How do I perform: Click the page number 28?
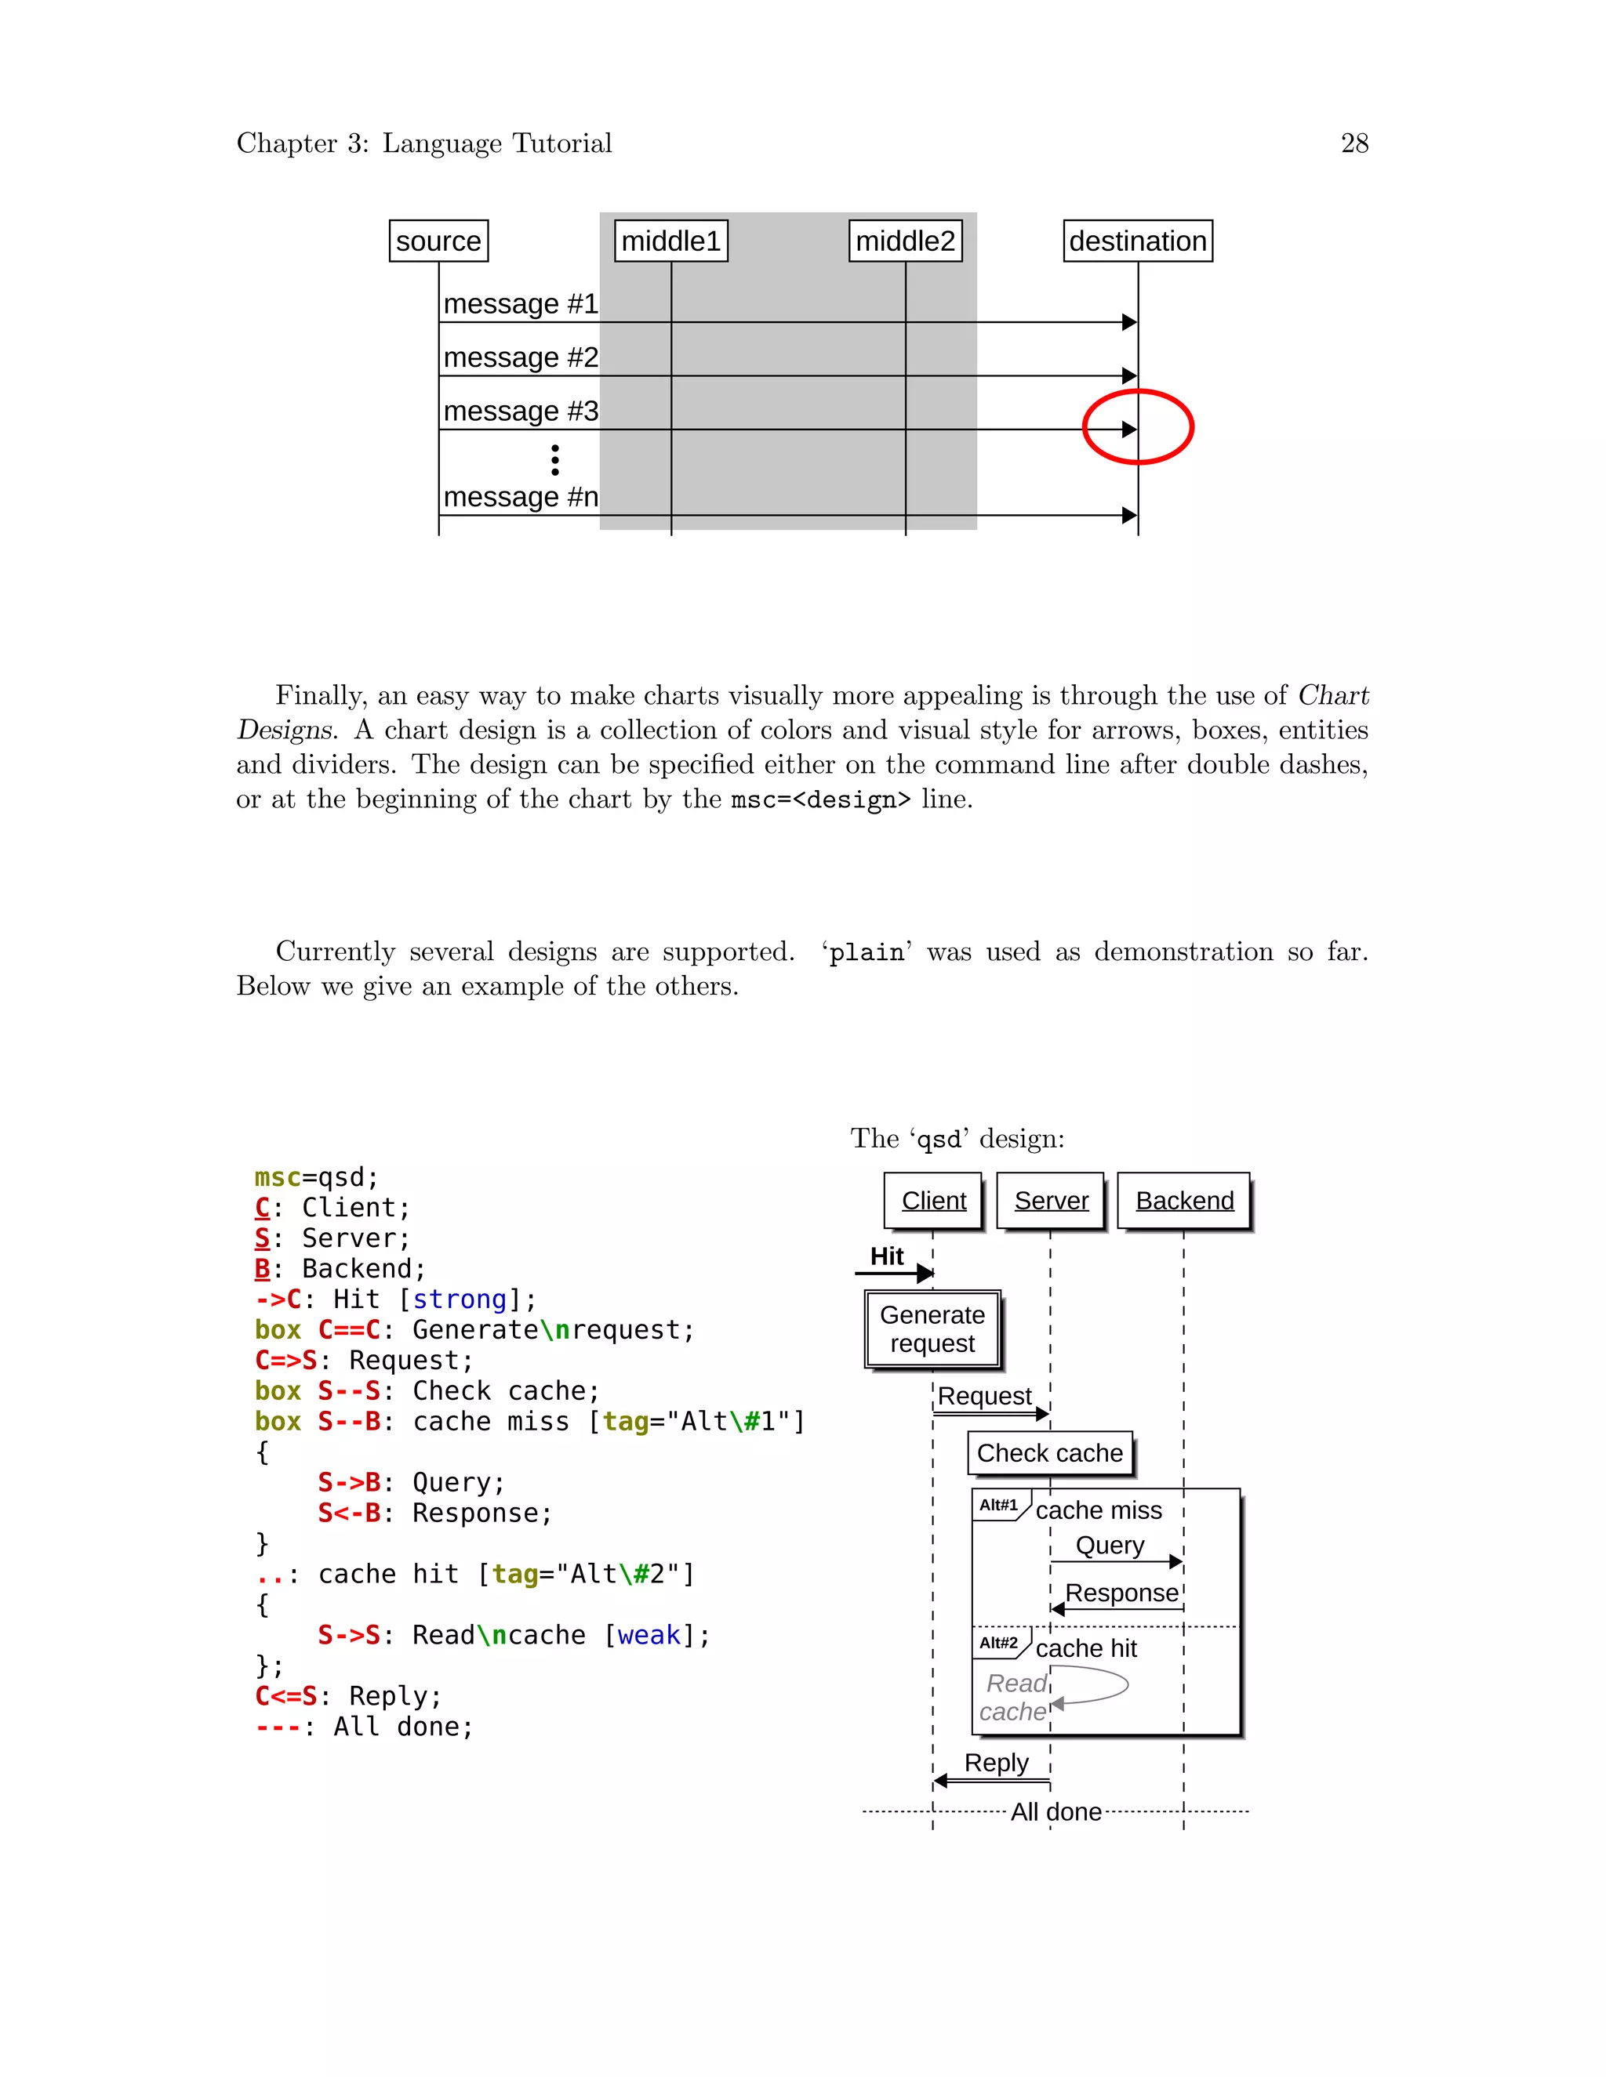pyautogui.click(x=1353, y=143)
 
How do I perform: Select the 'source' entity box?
pyautogui.click(x=438, y=241)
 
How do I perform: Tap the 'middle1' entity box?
pyautogui.click(x=670, y=241)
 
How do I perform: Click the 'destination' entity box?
pyautogui.click(x=1137, y=241)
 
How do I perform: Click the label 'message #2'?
pyautogui.click(x=521, y=357)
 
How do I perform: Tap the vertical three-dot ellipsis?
pyautogui.click(x=554, y=460)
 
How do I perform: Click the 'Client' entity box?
pyautogui.click(x=933, y=1201)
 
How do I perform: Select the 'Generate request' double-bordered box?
pyautogui.click(x=932, y=1329)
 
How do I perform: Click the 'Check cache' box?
pyautogui.click(x=1049, y=1453)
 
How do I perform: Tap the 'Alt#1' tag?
pyautogui.click(x=998, y=1506)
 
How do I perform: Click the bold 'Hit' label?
pyautogui.click(x=887, y=1257)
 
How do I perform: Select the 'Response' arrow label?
pyautogui.click(x=1121, y=1593)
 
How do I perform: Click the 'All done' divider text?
pyautogui.click(x=1056, y=1811)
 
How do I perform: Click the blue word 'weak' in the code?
pyautogui.click(x=649, y=1636)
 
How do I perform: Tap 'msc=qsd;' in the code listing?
pyautogui.click(x=316, y=1178)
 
